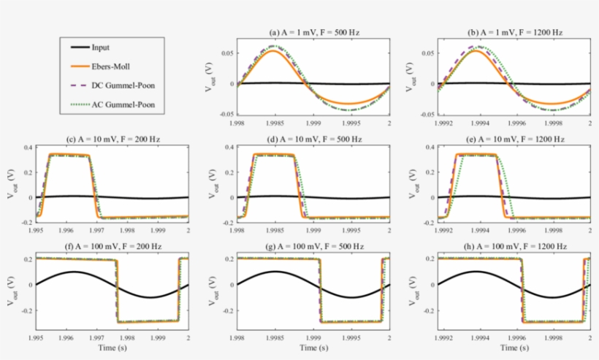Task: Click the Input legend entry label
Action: (x=101, y=47)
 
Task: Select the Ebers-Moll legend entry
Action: (x=110, y=66)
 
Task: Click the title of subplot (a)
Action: (x=315, y=33)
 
